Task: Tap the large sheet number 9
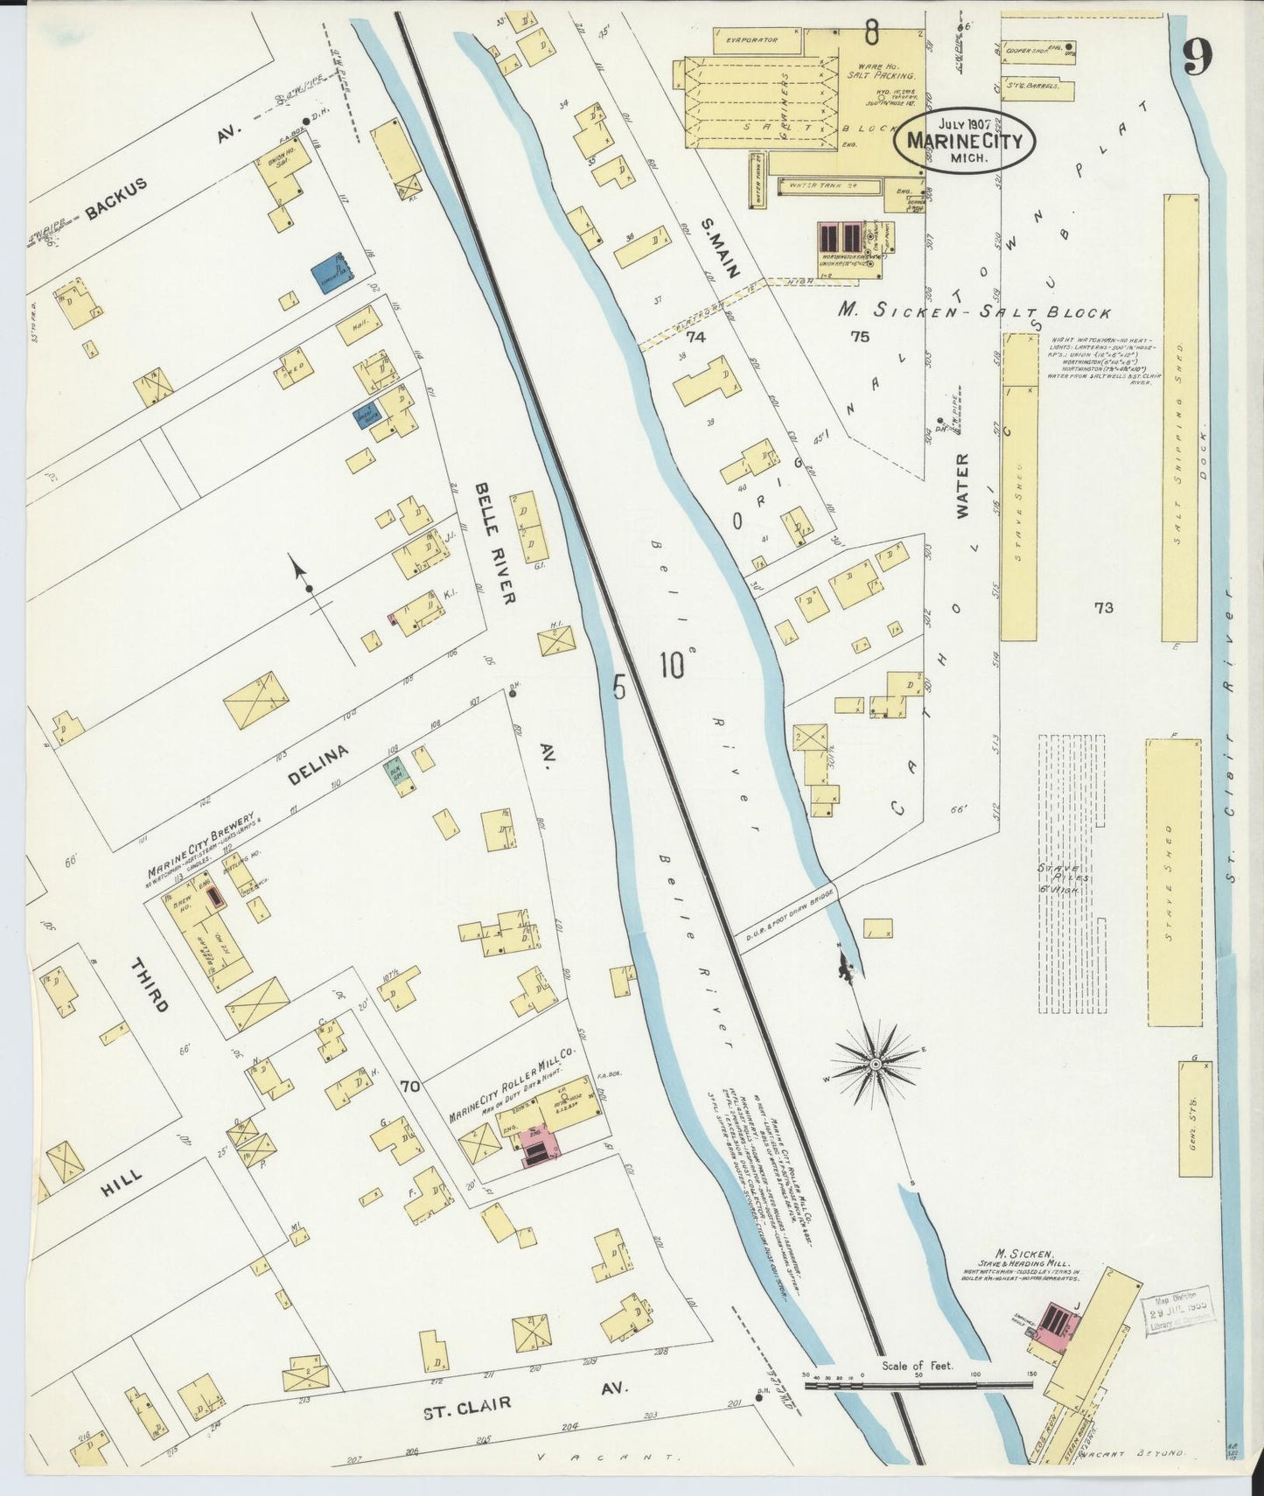1197,59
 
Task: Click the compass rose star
875,1063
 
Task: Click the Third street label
149,985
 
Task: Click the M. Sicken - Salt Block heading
974,311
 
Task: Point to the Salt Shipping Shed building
1180,420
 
